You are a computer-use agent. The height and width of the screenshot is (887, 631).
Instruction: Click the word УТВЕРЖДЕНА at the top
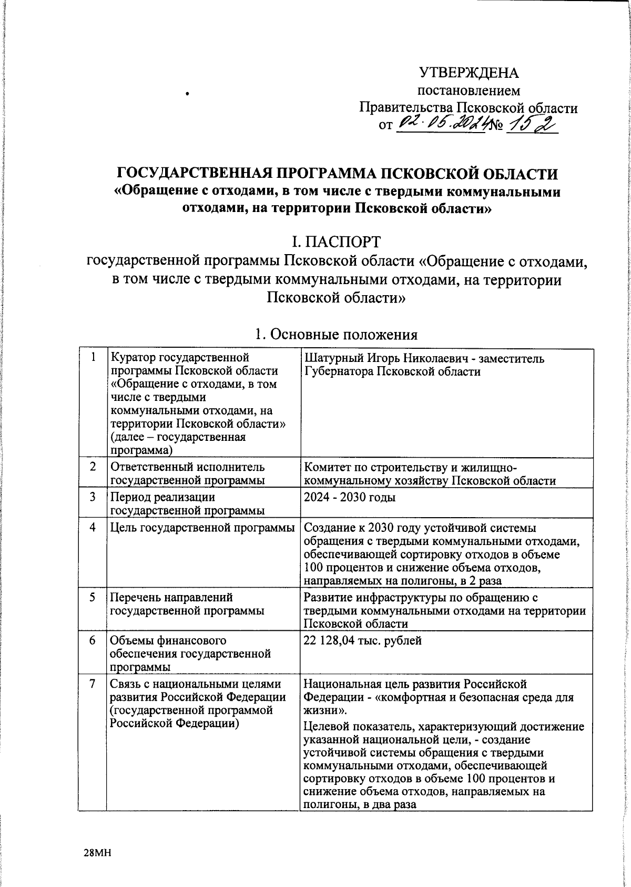pos(468,73)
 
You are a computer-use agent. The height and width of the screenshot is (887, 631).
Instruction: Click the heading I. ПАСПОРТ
pos(337,241)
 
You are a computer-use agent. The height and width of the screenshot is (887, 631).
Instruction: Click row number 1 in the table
pos(93,357)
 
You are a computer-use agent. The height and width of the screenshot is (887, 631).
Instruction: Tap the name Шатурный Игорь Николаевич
pos(384,359)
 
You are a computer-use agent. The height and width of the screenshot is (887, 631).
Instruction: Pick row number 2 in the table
pos(93,467)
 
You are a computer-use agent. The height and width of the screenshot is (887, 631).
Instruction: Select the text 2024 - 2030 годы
pos(350,497)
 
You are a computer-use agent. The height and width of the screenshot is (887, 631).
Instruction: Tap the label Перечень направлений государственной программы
pos(187,604)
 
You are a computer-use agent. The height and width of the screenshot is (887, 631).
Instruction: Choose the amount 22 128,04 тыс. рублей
pos(363,641)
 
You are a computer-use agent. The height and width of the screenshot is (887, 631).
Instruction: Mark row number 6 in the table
pos(93,641)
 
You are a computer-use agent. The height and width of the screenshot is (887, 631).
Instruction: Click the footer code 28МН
pos(97,853)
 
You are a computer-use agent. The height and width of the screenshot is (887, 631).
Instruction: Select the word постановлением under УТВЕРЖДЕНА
pos(468,91)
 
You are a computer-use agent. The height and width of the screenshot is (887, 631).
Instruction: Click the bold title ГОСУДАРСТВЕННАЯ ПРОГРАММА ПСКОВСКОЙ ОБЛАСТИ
pos(337,174)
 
